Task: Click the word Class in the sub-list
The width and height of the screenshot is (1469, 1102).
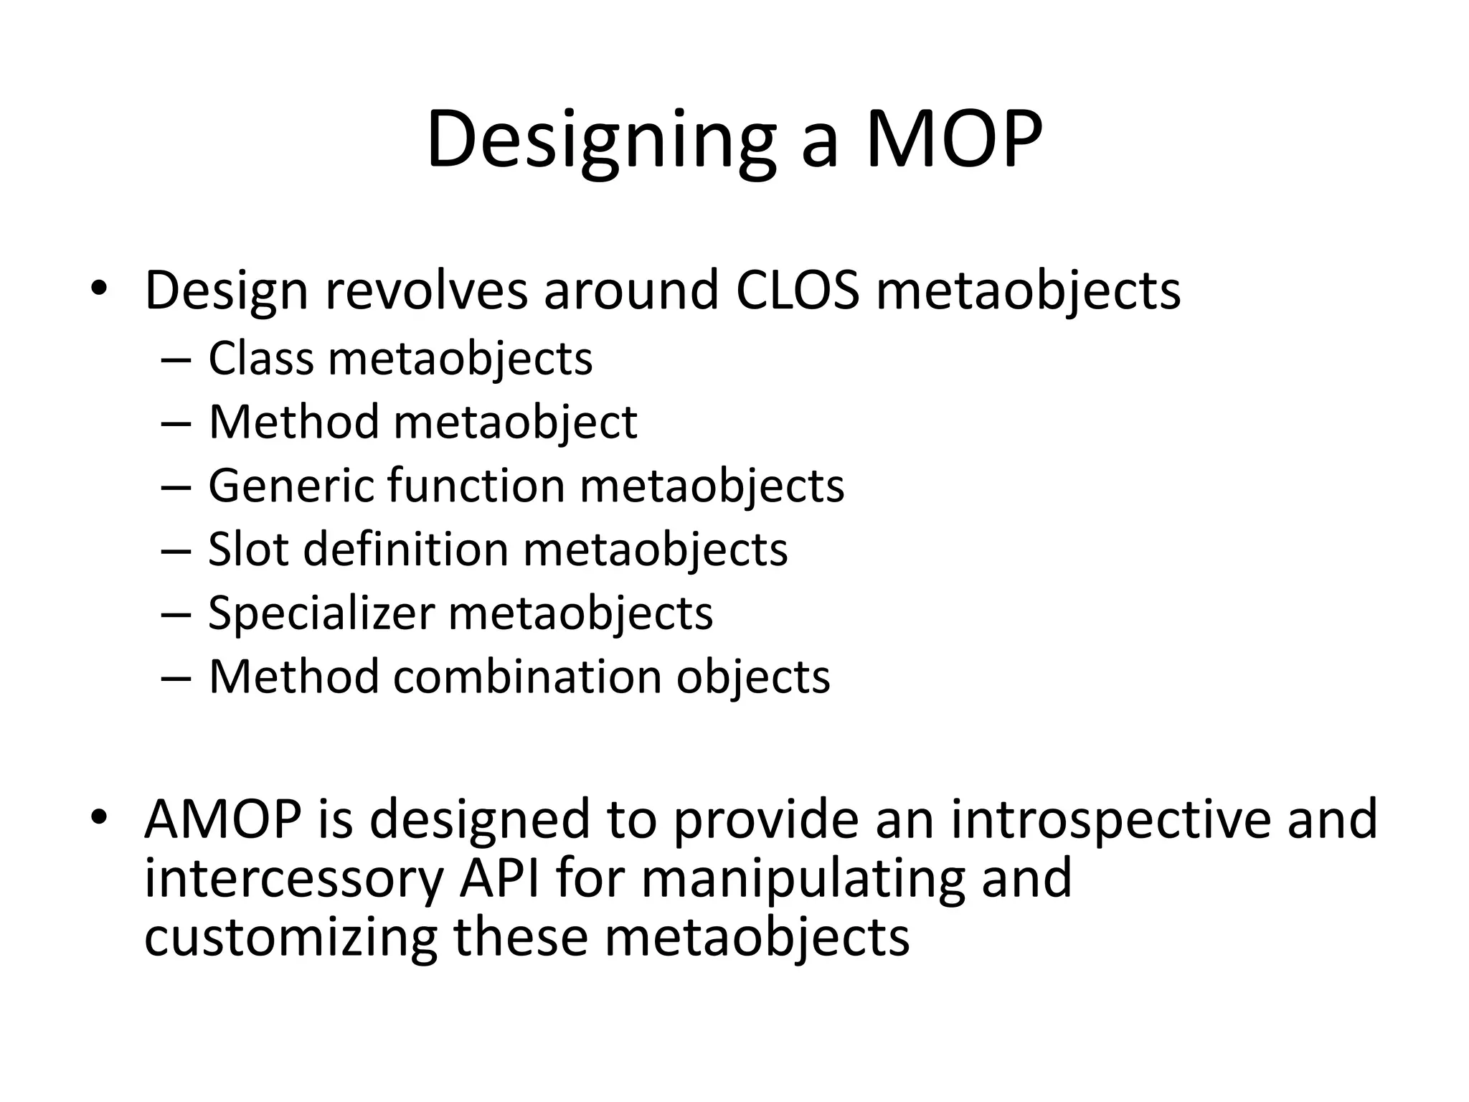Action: coord(261,358)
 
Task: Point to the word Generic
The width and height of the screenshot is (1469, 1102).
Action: coord(291,486)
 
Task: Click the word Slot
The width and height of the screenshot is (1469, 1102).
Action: coord(248,550)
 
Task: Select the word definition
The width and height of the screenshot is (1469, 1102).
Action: coord(406,550)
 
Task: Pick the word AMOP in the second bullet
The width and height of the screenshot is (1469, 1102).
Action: coord(222,819)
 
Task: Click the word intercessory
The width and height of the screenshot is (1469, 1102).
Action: coord(294,879)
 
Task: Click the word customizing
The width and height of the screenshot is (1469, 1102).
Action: coord(291,938)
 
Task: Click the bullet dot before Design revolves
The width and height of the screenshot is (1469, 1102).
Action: coord(99,288)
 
